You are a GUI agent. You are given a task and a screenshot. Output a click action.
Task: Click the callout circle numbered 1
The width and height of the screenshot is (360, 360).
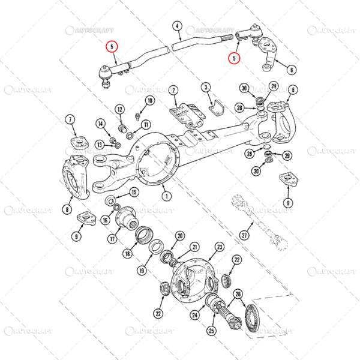point(166,196)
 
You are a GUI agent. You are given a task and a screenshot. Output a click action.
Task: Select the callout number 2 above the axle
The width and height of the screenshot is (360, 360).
point(173,91)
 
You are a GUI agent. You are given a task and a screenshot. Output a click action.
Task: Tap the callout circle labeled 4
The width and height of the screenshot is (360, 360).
point(178,26)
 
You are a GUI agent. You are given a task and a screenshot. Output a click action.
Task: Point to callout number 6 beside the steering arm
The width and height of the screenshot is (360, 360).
point(292,70)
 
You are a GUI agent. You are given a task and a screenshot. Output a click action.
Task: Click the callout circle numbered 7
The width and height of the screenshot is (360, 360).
point(70,120)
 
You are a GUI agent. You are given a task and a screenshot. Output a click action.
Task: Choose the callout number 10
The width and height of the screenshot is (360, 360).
point(149,100)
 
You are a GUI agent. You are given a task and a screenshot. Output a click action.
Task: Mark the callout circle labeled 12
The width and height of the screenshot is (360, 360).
point(119,109)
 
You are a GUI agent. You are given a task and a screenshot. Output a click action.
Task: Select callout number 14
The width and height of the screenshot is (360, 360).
point(100,124)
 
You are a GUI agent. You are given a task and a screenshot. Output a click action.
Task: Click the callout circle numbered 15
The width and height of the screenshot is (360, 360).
point(134,192)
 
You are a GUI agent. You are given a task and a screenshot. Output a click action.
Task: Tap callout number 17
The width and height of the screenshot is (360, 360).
point(112,238)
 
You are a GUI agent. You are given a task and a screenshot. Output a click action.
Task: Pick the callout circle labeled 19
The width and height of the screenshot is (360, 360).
point(141,271)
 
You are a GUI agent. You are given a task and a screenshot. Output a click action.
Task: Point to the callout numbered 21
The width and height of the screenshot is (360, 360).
point(194,247)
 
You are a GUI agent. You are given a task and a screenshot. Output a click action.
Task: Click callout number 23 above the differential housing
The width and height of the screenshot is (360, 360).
point(220,247)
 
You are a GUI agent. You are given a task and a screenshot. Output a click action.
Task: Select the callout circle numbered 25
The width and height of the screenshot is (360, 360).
point(211,330)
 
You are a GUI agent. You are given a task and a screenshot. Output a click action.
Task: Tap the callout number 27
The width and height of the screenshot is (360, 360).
point(244,235)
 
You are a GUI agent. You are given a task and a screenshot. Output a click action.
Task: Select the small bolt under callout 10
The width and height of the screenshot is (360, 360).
point(139,114)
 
